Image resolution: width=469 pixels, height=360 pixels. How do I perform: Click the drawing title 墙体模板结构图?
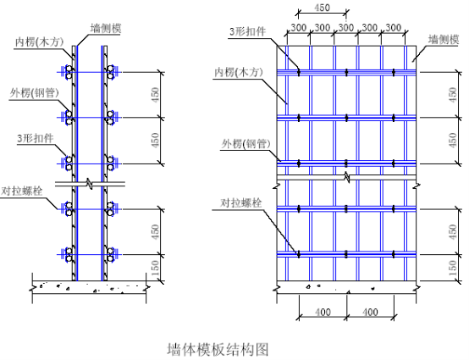pyautogui.click(x=218, y=349)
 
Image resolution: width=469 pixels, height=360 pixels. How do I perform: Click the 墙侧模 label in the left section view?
pyautogui.click(x=106, y=29)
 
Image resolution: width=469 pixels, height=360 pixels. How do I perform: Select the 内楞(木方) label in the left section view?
pyautogui.click(x=40, y=42)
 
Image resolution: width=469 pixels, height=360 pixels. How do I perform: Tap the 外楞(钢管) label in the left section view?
pyautogui.click(x=35, y=93)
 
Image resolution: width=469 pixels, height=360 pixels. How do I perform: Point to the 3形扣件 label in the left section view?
pyautogui.click(x=35, y=139)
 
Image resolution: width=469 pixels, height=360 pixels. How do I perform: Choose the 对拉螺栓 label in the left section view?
pyautogui.click(x=21, y=191)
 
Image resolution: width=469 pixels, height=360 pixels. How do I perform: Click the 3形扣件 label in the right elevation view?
pyautogui.click(x=247, y=31)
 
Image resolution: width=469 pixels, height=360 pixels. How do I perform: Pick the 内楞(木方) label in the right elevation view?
pyautogui.click(x=239, y=73)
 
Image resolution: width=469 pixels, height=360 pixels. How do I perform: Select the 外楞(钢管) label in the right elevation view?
pyautogui.click(x=246, y=144)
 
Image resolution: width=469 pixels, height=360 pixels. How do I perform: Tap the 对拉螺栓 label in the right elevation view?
pyautogui.click(x=240, y=203)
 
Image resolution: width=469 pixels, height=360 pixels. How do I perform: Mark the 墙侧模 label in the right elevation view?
pyautogui.click(x=444, y=39)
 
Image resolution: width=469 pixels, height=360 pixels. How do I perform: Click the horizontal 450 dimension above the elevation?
pyautogui.click(x=323, y=8)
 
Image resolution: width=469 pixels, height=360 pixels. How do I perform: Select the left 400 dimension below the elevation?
pyautogui.click(x=323, y=313)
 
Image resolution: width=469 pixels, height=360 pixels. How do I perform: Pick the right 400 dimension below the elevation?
pyautogui.click(x=370, y=313)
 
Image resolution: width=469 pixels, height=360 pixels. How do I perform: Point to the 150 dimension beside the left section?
pyautogui.click(x=155, y=268)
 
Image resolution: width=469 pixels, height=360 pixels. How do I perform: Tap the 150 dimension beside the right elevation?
pyautogui.click(x=454, y=268)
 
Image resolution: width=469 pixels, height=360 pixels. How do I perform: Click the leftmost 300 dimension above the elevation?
pyautogui.click(x=299, y=28)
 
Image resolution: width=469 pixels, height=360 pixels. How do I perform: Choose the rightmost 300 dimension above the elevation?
pyautogui.click(x=393, y=28)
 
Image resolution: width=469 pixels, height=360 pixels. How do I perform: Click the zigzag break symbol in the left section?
pyautogui.click(x=90, y=184)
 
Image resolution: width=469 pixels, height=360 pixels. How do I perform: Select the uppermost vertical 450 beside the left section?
pyautogui.click(x=156, y=95)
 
